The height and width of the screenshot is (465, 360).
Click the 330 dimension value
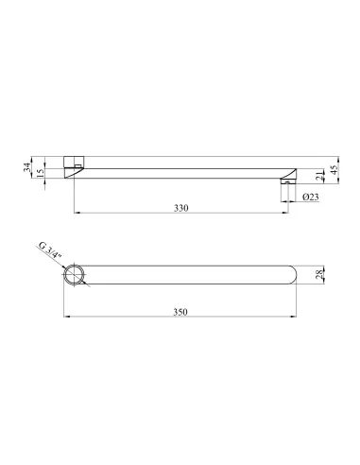tap(181, 208)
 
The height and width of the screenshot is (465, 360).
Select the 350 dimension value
tap(180, 312)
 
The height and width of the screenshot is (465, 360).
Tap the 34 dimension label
tap(27, 167)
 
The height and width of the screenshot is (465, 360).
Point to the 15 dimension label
tap(41, 173)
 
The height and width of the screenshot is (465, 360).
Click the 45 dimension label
tap(334, 169)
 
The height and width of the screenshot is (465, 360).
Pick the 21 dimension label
tap(319, 176)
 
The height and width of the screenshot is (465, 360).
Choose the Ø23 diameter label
tap(311, 197)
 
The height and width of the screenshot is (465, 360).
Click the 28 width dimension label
tap(319, 274)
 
